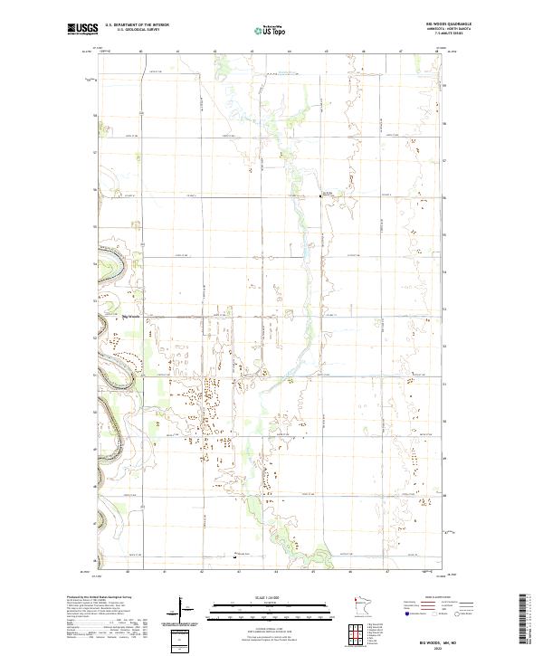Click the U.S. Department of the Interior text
[x=137, y=25]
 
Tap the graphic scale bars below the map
[x=267, y=612]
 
